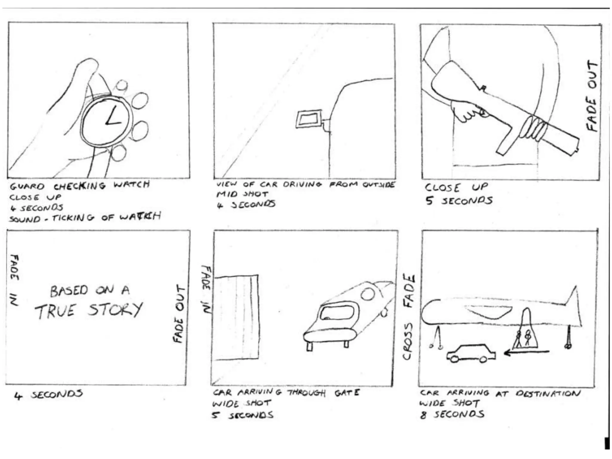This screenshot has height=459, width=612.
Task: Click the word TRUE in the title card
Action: (x=55, y=311)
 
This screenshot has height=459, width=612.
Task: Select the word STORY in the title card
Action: (x=115, y=309)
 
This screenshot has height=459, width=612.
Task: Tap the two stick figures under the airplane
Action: (x=524, y=338)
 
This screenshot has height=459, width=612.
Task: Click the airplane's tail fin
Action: (x=572, y=299)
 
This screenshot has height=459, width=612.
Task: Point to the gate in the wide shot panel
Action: (x=236, y=317)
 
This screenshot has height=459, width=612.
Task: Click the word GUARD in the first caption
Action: (x=27, y=187)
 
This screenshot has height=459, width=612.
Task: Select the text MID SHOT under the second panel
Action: (x=242, y=194)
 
